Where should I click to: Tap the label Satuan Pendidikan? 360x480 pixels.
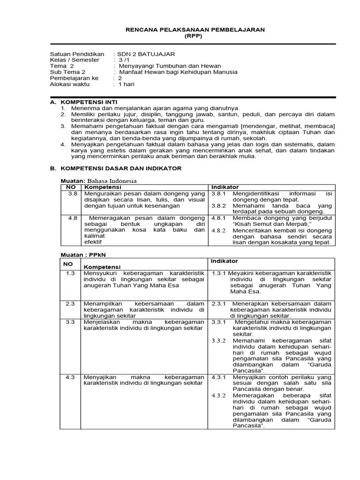pyautogui.click(x=77, y=54)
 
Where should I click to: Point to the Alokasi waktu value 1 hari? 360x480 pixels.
pyautogui.click(x=127, y=84)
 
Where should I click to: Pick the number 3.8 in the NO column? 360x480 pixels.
pyautogui.click(x=72, y=194)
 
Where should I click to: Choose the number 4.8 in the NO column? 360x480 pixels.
pyautogui.click(x=72, y=218)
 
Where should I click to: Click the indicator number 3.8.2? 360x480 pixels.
pyautogui.click(x=218, y=206)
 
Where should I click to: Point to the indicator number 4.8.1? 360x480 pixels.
pyautogui.click(x=218, y=218)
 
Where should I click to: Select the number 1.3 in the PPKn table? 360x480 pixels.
pyautogui.click(x=70, y=273)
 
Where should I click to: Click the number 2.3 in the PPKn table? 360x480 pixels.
pyautogui.click(x=70, y=303)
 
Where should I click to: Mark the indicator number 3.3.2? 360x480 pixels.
pyautogui.click(x=218, y=340)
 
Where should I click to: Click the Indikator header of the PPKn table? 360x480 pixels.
pyautogui.click(x=224, y=261)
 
